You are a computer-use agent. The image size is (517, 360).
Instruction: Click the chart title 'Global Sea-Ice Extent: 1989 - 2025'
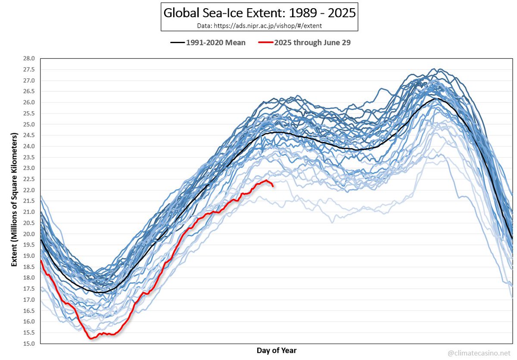[x=259, y=13]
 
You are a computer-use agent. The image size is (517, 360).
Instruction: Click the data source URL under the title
[x=259, y=25]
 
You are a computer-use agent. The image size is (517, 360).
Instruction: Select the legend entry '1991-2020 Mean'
[x=216, y=43]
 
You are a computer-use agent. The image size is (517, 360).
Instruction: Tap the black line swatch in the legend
[x=178, y=43]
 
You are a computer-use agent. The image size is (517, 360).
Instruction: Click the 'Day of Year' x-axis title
[x=277, y=350]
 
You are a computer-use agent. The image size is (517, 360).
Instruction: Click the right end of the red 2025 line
[x=273, y=186]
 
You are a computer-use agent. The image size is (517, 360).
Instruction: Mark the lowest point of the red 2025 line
[x=91, y=338]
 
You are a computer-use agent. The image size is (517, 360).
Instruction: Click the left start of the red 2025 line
[x=40, y=260]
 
